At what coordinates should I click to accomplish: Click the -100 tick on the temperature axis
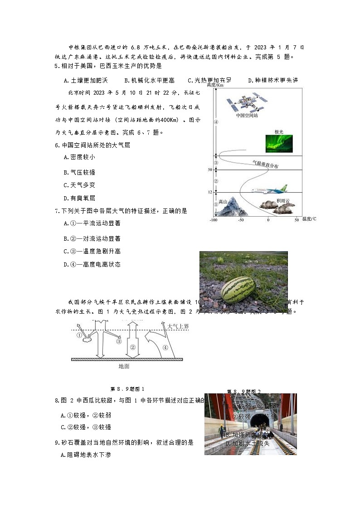pos(213,220)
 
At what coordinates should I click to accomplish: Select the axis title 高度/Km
pos(215,85)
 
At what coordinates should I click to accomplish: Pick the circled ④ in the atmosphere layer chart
pos(216,122)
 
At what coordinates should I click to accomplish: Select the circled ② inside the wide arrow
pos(132,347)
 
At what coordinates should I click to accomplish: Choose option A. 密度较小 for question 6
pos(80,157)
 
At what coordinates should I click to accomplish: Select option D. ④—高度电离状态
pos(92,264)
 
